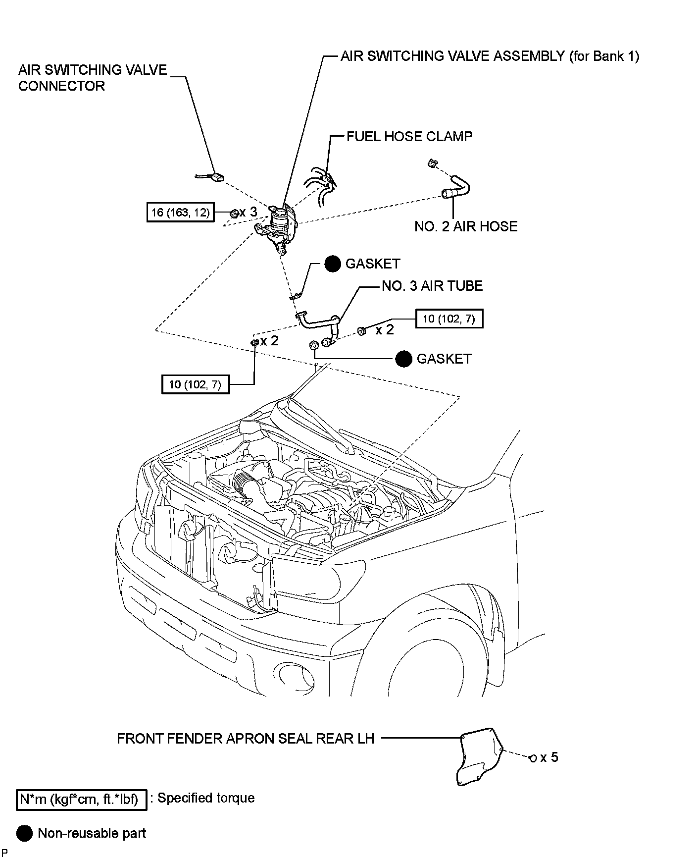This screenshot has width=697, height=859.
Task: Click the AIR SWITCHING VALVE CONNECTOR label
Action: pyautogui.click(x=93, y=78)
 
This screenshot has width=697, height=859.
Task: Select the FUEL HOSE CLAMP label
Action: pyautogui.click(x=409, y=136)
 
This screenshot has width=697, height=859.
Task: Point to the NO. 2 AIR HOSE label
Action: pyautogui.click(x=466, y=226)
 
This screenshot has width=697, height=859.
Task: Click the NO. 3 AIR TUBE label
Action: pyautogui.click(x=432, y=286)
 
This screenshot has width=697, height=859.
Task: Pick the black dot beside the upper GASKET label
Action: pyautogui.click(x=333, y=264)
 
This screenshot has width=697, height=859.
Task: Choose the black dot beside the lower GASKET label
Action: pyautogui.click(x=404, y=359)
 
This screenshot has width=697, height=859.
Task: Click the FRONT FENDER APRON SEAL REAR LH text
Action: pyautogui.click(x=246, y=739)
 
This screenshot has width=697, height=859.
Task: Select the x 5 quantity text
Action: pyautogui.click(x=549, y=757)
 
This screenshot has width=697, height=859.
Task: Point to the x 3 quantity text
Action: pyautogui.click(x=249, y=212)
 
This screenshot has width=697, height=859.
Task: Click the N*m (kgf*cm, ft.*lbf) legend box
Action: pyautogui.click(x=82, y=800)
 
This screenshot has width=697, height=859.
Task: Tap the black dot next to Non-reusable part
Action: pyautogui.click(x=24, y=834)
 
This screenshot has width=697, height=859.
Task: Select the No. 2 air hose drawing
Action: pyautogui.click(x=457, y=190)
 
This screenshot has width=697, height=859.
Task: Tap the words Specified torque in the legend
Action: pyautogui.click(x=206, y=798)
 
